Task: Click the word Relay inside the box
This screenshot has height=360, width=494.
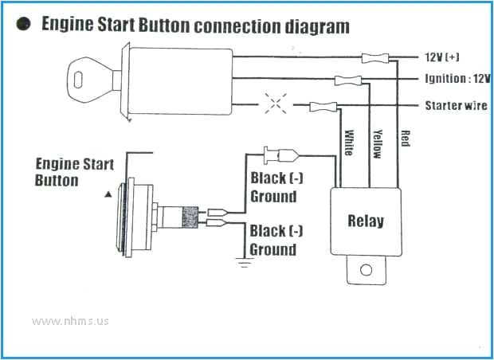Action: click(366, 221)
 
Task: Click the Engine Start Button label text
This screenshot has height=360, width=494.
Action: click(75, 172)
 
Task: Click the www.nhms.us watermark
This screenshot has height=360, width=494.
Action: click(70, 322)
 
